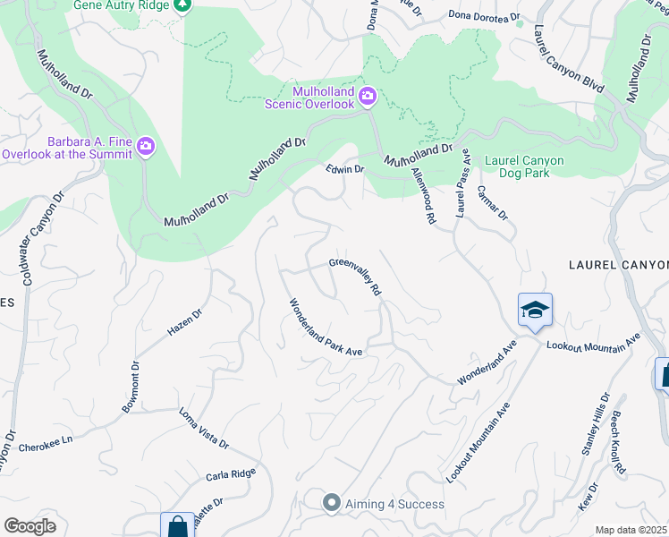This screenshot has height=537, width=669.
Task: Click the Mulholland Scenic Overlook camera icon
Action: [x=368, y=96]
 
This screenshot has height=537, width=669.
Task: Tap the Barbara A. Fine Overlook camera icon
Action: [x=146, y=146]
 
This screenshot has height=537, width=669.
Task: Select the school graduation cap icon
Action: [x=535, y=311]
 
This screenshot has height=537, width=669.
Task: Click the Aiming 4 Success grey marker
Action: [x=332, y=503]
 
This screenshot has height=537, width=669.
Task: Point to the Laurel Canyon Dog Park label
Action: [x=524, y=167]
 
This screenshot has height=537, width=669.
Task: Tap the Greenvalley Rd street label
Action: [x=355, y=277]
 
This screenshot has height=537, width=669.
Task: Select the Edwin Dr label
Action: [x=344, y=168]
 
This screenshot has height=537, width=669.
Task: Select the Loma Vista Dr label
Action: [x=204, y=430]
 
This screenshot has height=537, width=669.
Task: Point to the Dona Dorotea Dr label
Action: [x=484, y=15]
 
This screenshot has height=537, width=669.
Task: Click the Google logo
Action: [x=30, y=525]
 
